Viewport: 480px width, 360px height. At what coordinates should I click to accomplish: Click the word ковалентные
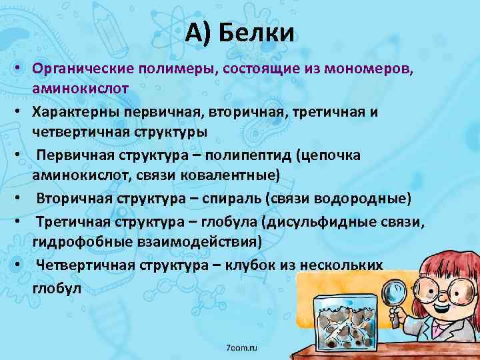click(x=224, y=174)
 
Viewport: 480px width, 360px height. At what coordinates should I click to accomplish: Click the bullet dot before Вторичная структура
click(x=22, y=199)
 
